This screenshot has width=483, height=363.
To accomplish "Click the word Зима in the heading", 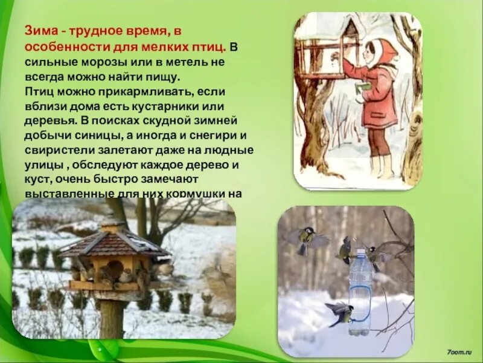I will coord(37,31).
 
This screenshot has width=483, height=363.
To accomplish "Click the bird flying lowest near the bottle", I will coord(339,313).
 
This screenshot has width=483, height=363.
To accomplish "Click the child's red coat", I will coord(381,97).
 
